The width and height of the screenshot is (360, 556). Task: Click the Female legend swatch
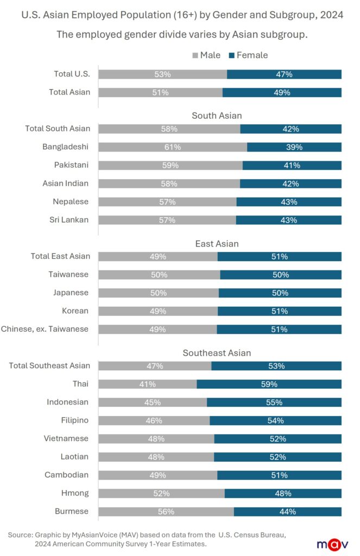pos(232,55)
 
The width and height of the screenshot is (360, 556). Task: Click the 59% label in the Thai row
pos(269,384)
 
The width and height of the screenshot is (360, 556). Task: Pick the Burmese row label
pos(72,511)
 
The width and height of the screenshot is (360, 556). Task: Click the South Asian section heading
pos(217,116)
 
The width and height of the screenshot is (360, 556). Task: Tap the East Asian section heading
pos(217,244)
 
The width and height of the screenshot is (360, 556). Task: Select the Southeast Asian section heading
pos(217,353)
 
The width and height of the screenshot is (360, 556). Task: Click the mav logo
pos(330,544)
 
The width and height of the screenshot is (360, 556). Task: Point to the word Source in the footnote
pos(20,535)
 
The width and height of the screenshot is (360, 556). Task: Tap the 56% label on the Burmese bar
pos(166,511)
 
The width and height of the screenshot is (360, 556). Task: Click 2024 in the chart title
pos(331,15)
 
